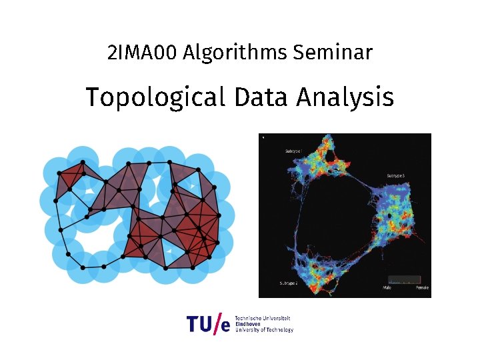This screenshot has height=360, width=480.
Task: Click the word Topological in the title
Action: coord(155,97)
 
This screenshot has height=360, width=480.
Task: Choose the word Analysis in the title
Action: coord(345,97)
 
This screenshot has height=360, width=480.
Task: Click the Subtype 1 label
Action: coord(293,151)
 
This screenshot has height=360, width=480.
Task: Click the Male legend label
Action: coord(387,288)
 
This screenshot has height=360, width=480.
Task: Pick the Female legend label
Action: coord(421,288)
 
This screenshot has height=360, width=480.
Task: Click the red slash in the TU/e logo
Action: coord(216,324)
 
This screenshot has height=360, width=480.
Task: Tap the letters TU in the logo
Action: coord(199,325)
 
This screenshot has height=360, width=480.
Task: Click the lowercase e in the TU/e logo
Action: coord(225,327)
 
